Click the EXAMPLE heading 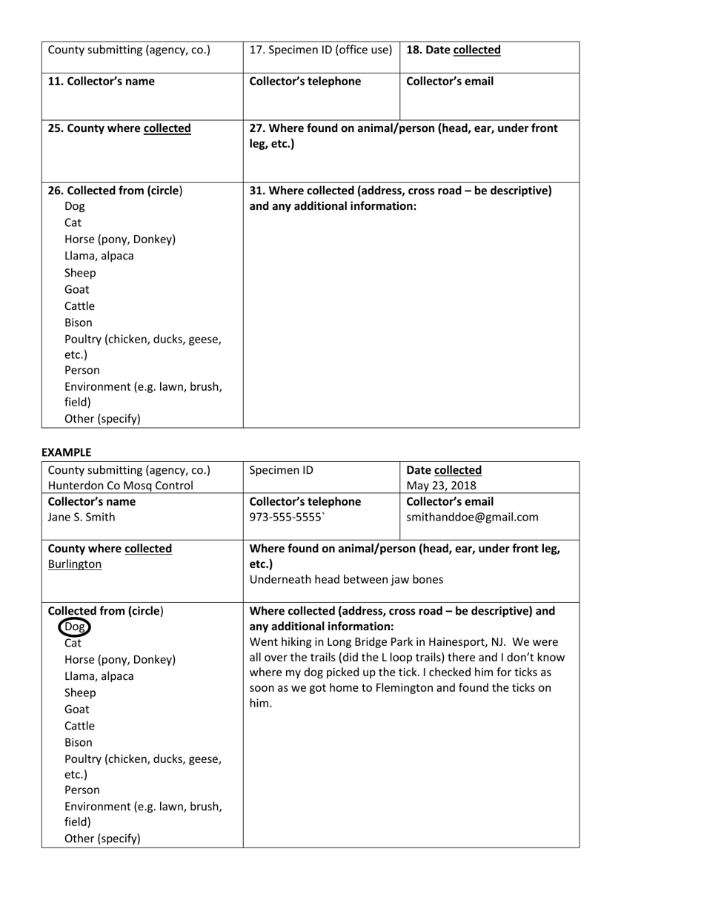tap(67, 452)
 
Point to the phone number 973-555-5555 tap(288, 517)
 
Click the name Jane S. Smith tap(82, 517)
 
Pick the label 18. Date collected tap(454, 50)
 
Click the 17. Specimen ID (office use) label tap(321, 50)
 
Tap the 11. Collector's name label tap(102, 82)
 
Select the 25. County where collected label tap(119, 128)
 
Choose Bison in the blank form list tap(79, 323)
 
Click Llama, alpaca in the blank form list tap(99, 256)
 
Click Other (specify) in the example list tap(102, 839)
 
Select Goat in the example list tap(77, 709)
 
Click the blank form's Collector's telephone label tap(305, 82)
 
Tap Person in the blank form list tap(82, 370)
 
